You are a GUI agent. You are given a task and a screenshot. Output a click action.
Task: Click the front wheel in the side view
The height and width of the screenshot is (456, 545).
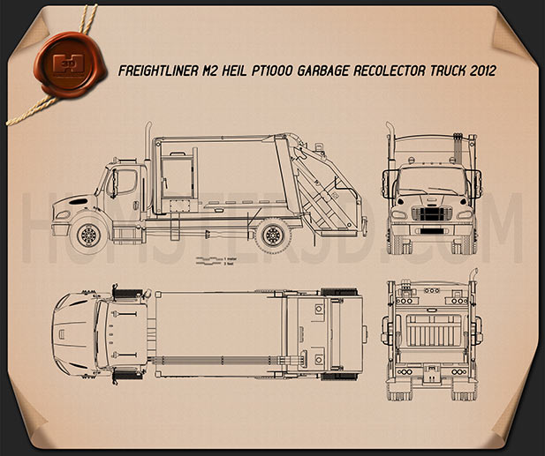click(88, 235)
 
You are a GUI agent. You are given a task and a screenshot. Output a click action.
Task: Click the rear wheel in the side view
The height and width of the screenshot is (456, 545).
click(275, 235)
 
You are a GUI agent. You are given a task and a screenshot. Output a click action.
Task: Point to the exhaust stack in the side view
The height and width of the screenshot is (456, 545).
click(151, 154)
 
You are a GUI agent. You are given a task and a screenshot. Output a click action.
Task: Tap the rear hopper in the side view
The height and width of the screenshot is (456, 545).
click(319, 190)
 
